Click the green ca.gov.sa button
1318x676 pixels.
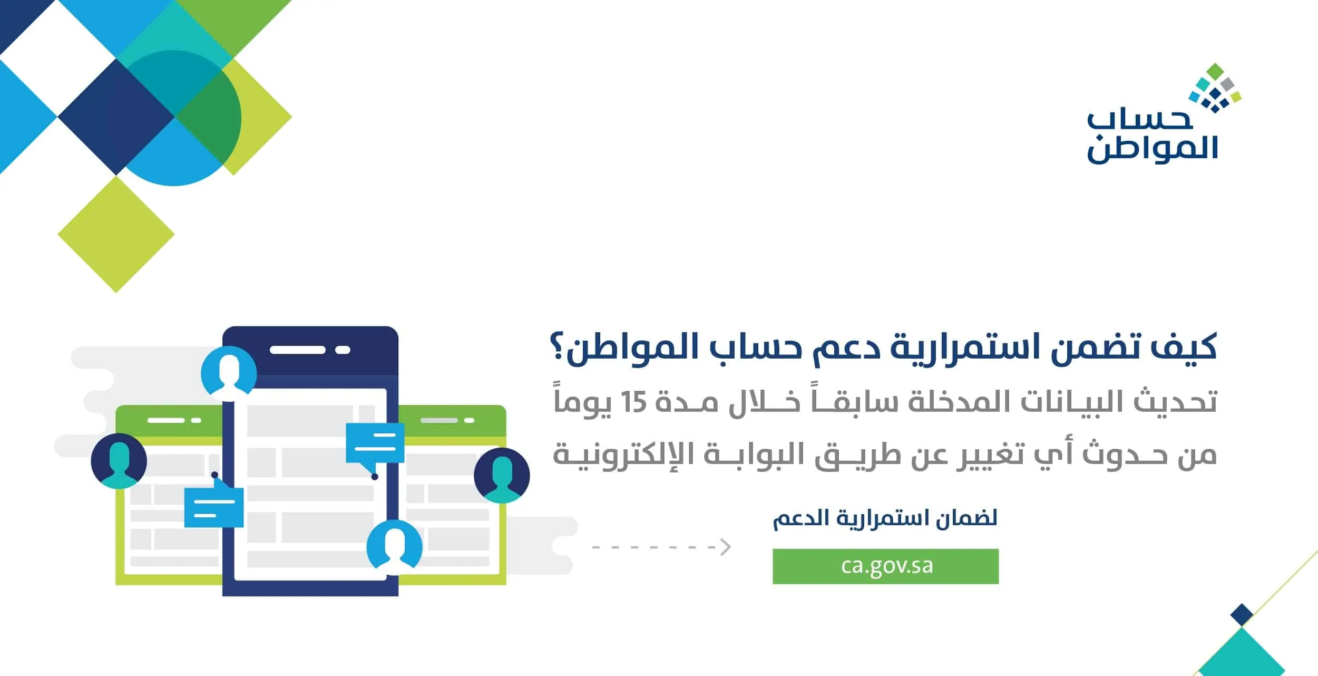pyautogui.click(x=885, y=566)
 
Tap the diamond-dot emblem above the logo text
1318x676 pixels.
pyautogui.click(x=1215, y=88)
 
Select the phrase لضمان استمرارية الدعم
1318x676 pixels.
pyautogui.click(x=885, y=518)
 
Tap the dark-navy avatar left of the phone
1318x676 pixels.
pyautogui.click(x=119, y=461)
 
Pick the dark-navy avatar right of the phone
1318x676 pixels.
pyautogui.click(x=502, y=475)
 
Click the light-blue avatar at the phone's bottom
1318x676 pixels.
pyautogui.click(x=394, y=547)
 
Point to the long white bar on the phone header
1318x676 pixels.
pyautogui.click(x=297, y=350)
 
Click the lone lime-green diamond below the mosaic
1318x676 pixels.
pyautogui.click(x=116, y=234)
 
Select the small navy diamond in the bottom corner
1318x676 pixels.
pyautogui.click(x=1242, y=615)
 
